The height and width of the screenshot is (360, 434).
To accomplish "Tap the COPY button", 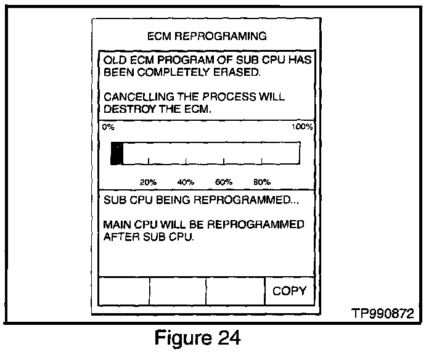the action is tap(289, 291).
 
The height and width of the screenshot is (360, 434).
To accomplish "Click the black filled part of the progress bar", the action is tap(117, 153).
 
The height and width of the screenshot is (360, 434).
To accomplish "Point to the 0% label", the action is tap(108, 126).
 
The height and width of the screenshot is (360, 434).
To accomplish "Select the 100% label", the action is tap(303, 126).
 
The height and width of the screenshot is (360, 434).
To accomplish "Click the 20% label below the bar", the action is tap(148, 182).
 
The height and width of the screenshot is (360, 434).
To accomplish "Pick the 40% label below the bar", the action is tap(186, 182).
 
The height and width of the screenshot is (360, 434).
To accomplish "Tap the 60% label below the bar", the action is tap(224, 182).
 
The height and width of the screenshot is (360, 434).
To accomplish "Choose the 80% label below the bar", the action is tap(261, 182).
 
